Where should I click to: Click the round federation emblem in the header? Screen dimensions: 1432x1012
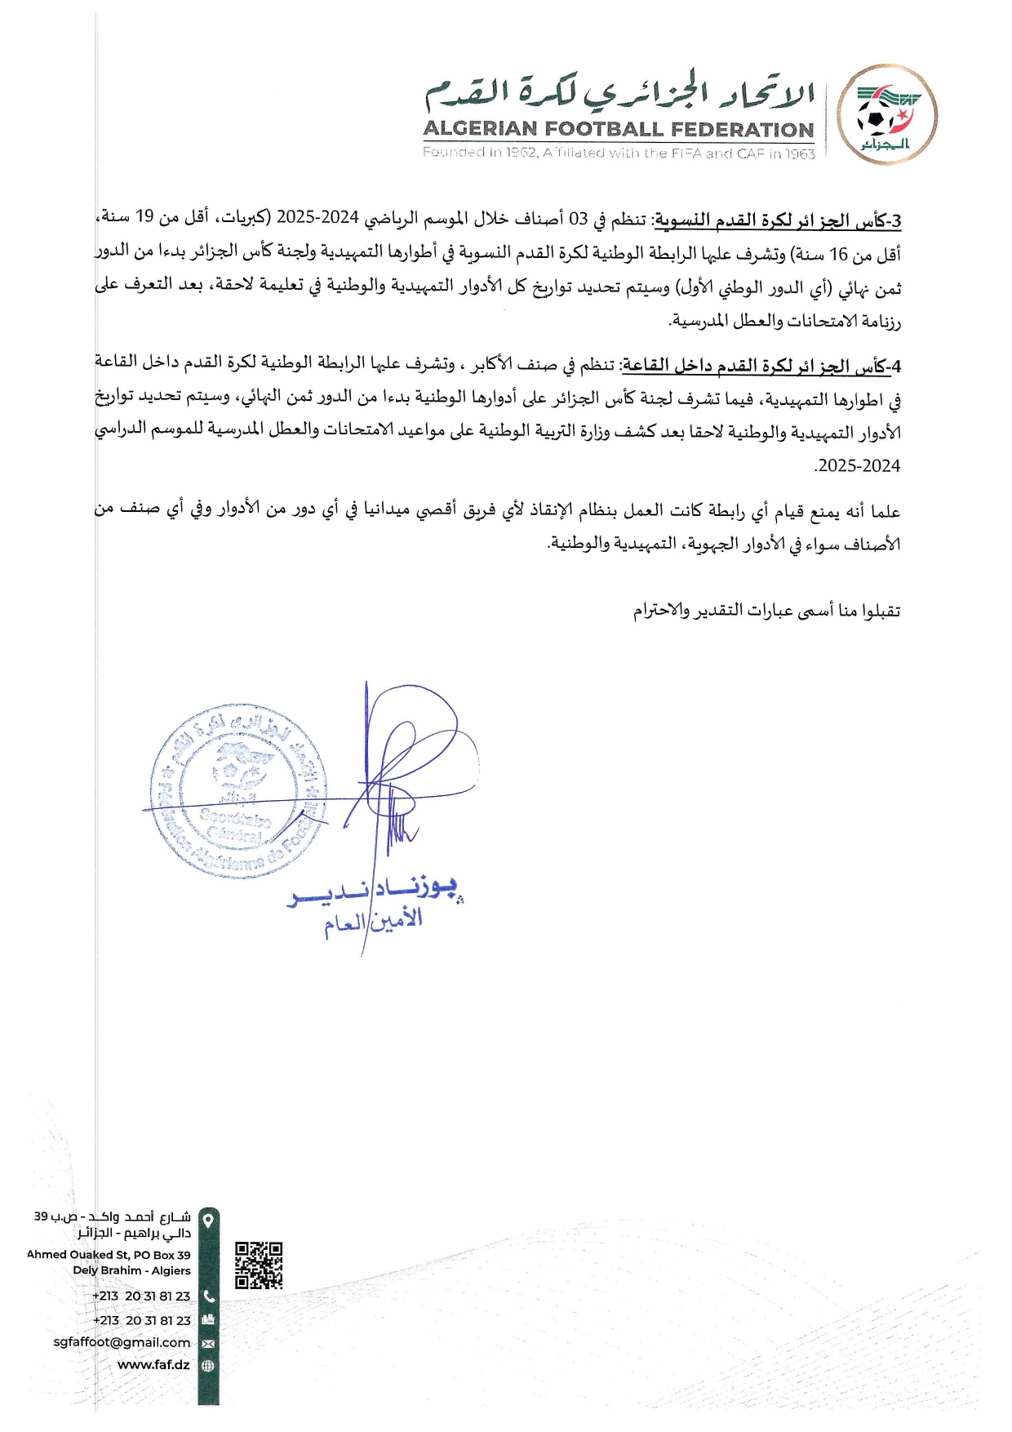[x=886, y=114]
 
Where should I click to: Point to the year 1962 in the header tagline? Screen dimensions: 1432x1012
[x=522, y=153]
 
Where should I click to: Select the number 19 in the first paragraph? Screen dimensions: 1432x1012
[x=144, y=216]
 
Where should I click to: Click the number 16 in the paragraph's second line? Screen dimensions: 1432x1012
[x=839, y=255]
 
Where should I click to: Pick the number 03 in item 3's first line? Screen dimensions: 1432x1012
[x=578, y=218]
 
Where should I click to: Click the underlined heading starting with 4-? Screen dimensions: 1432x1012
[x=762, y=366]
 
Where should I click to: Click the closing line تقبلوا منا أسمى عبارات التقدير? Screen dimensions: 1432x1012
[x=766, y=610]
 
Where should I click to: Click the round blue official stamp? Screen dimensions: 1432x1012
[x=237, y=792]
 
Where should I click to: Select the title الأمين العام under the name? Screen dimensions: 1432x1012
[x=373, y=922]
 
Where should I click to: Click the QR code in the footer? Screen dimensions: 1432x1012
[x=259, y=1265]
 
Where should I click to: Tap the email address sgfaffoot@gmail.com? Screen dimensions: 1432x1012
[x=122, y=1341]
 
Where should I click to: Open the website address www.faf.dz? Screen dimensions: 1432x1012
[x=153, y=1364]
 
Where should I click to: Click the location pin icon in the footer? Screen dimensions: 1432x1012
[x=209, y=1221]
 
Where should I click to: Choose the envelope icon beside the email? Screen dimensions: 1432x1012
[x=208, y=1343]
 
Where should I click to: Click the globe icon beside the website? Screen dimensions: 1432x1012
[x=208, y=1365]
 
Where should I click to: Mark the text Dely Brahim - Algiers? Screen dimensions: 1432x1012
[x=131, y=1270]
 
